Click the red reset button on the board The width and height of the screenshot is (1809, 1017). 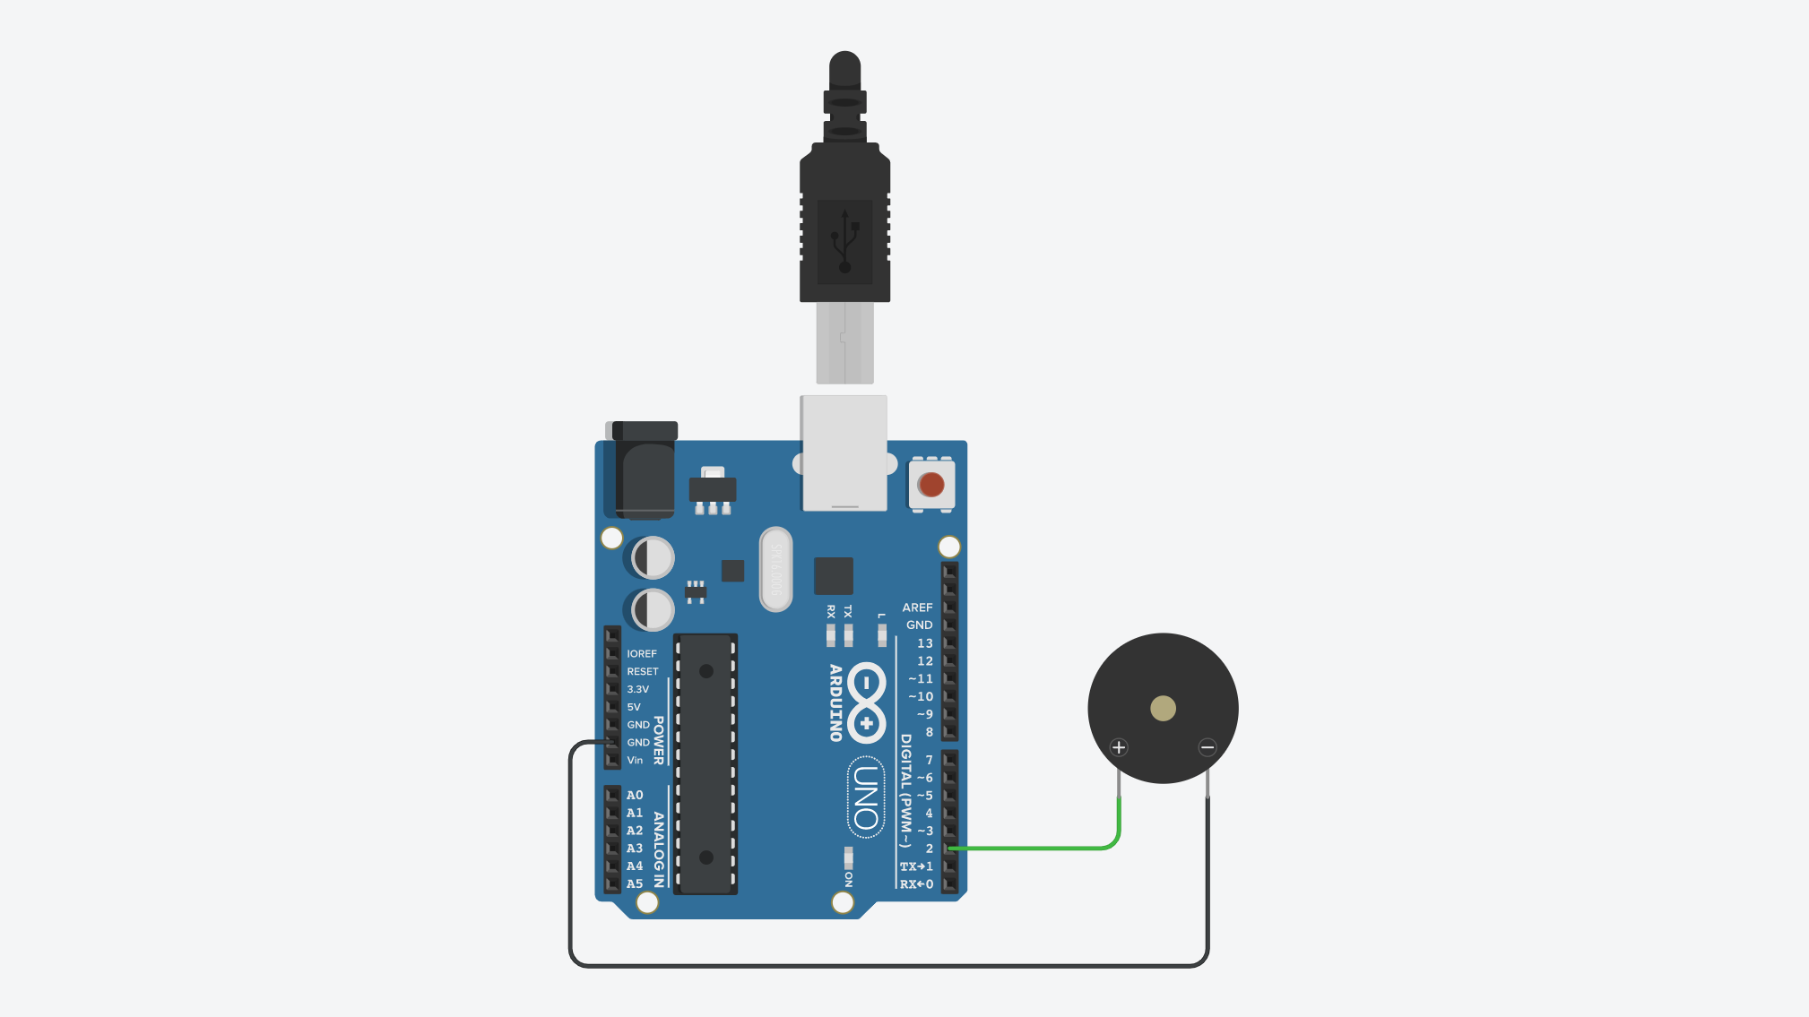click(x=931, y=485)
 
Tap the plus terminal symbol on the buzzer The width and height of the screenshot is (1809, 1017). click(x=1119, y=747)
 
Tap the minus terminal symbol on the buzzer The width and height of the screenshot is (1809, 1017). click(x=1207, y=747)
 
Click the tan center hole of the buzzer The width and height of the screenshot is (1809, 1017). click(x=1163, y=709)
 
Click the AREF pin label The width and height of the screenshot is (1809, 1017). click(x=917, y=608)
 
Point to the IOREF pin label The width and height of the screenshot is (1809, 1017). click(x=642, y=654)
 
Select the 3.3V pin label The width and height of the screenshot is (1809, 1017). click(x=637, y=689)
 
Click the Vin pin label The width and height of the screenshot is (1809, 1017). click(x=635, y=760)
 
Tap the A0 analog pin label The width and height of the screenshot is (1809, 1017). click(x=635, y=795)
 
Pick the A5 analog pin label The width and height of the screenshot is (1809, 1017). click(x=635, y=883)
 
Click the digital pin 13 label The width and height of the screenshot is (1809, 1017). click(x=925, y=643)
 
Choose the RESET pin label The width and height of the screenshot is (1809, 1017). click(x=643, y=671)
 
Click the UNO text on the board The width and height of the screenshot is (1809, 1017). click(x=866, y=797)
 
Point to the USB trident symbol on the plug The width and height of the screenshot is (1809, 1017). click(x=844, y=240)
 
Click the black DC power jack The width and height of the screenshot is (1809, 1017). click(x=643, y=471)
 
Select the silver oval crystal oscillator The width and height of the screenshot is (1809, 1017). click(x=776, y=569)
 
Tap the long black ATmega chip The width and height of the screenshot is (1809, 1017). click(x=706, y=763)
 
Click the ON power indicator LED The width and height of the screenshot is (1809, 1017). click(x=848, y=856)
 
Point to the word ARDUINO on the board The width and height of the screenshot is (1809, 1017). click(x=835, y=702)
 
